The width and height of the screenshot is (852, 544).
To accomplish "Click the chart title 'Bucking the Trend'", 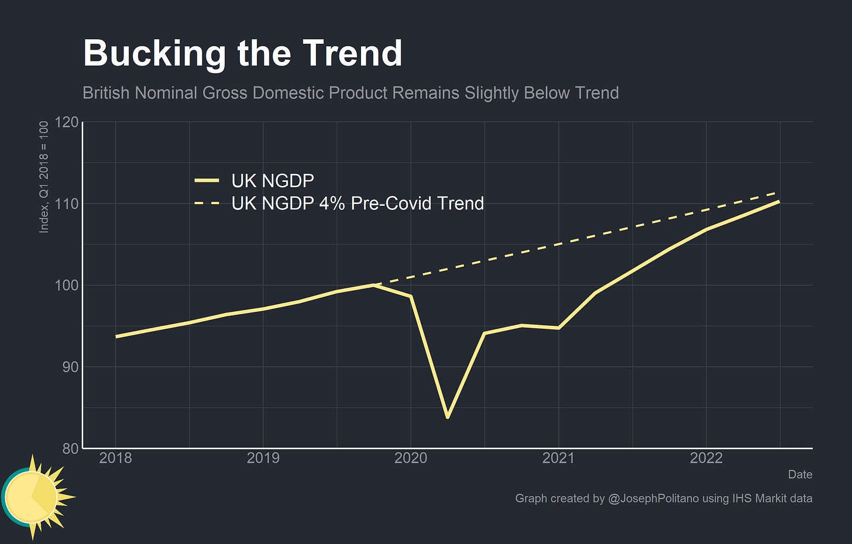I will coord(242,54).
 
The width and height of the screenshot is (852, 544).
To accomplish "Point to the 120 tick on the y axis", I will coord(67,122).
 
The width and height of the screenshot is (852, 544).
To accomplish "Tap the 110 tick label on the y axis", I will coord(67,204).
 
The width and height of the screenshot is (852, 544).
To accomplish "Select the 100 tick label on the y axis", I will coord(67,285).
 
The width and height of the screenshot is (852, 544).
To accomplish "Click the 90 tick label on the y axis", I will coord(70,367).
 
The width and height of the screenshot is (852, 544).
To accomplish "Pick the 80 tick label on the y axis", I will coord(70,449).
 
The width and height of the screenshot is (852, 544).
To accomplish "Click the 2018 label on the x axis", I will coord(115,458).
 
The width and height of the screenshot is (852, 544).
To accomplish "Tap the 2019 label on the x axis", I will coord(263,458).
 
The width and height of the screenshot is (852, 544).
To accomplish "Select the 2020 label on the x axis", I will coord(411,458).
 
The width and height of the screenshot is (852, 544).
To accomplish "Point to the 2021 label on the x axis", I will coord(558,458).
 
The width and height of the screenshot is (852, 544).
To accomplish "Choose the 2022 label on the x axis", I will coord(706,458).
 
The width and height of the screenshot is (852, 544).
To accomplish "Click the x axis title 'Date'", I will coord(800,474).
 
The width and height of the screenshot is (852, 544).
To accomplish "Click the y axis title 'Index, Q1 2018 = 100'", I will coord(44,177).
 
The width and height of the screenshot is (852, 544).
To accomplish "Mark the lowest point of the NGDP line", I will coord(448,417).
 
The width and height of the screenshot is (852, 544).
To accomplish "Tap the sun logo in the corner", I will coord(34,497).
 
